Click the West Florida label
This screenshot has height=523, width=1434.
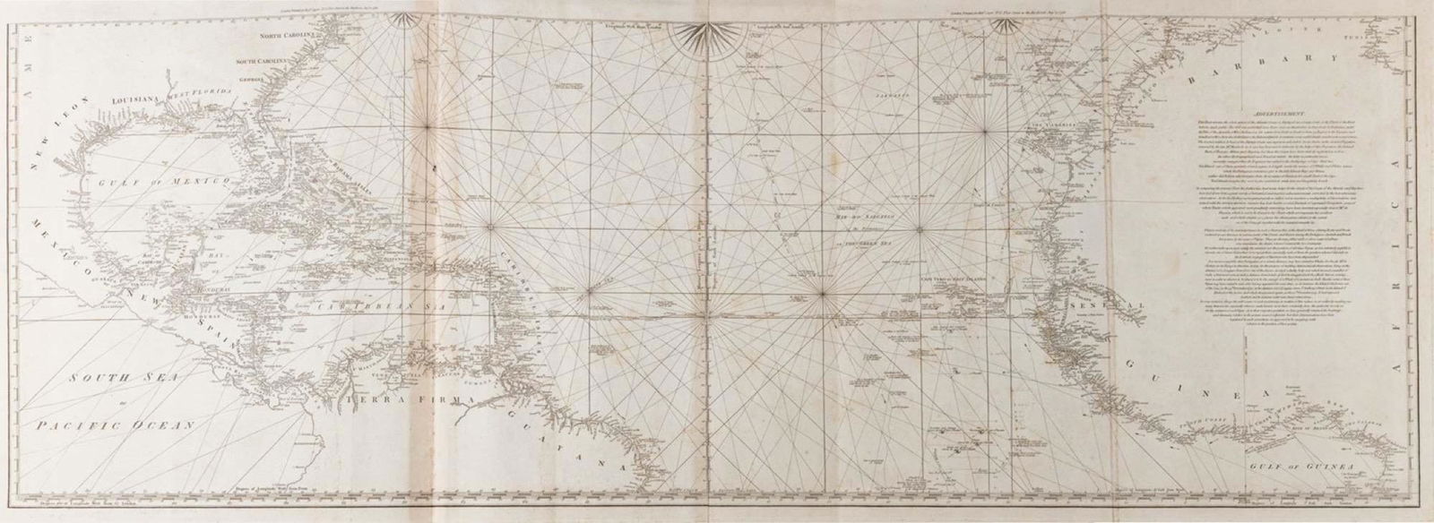click(x=210, y=94)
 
